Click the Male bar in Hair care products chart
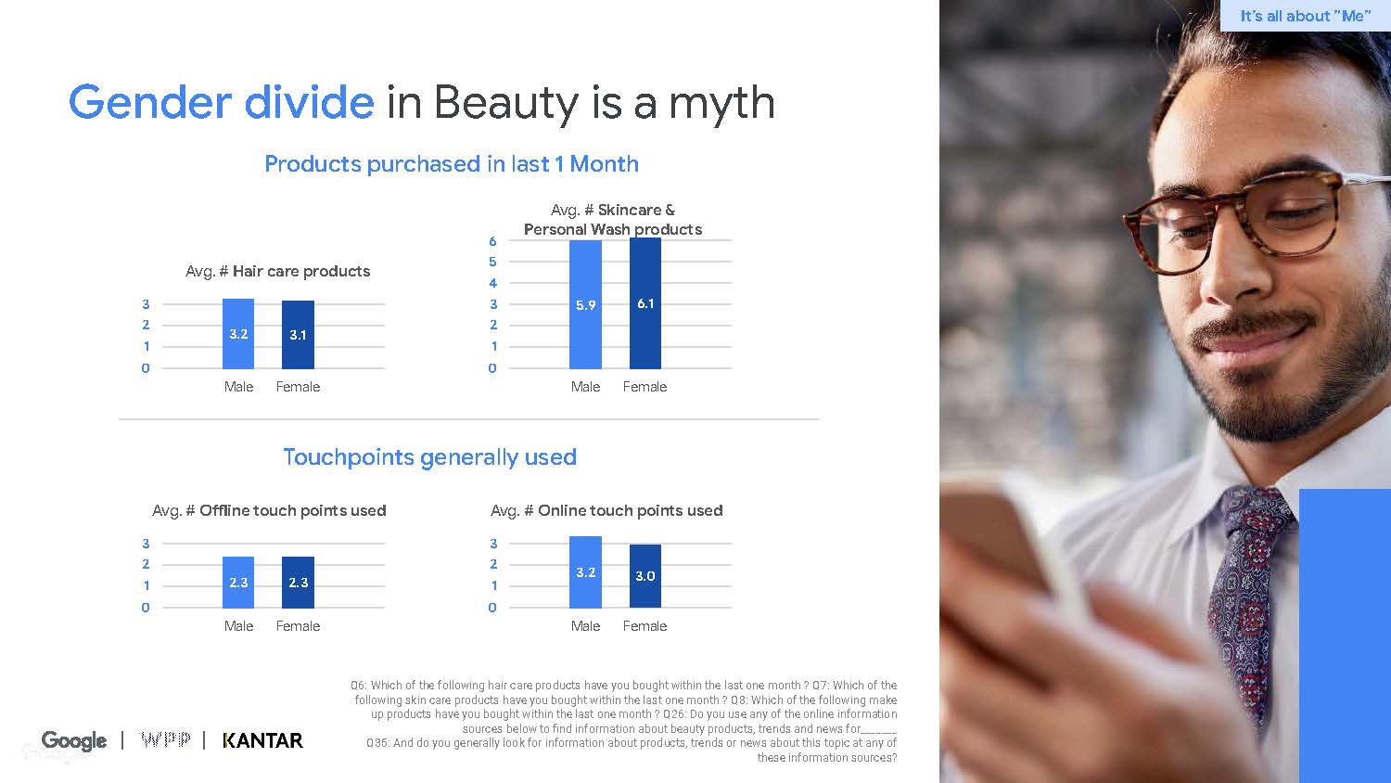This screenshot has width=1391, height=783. click(238, 334)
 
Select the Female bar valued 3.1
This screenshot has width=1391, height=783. click(298, 335)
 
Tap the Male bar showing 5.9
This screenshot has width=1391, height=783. click(585, 304)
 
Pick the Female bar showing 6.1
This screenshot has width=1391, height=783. click(645, 303)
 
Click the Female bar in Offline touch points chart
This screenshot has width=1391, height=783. click(298, 583)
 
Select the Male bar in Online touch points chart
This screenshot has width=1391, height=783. click(585, 572)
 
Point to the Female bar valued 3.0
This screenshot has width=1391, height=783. click(645, 576)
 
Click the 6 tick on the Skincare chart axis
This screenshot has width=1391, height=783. click(492, 241)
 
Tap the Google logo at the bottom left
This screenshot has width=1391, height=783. click(74, 740)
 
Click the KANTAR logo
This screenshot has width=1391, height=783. click(263, 740)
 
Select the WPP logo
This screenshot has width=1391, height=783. click(165, 740)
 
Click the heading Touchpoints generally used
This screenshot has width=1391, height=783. click(429, 457)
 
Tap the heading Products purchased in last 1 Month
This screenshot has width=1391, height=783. click(452, 164)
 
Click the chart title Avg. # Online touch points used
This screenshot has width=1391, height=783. click(606, 510)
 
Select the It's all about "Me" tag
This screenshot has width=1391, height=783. click(1305, 16)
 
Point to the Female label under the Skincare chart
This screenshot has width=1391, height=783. click(644, 387)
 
